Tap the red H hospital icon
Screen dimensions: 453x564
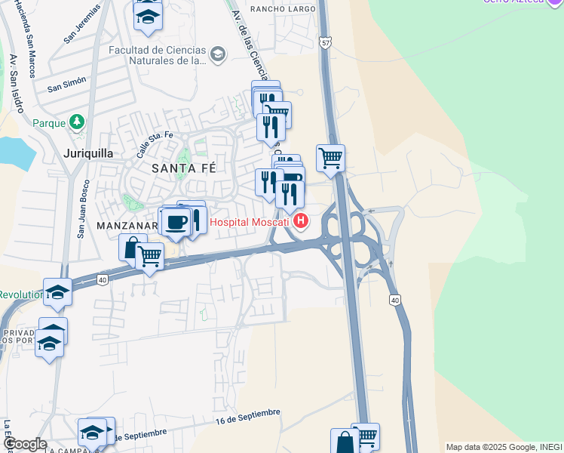[302, 221]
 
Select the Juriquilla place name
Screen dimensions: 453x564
[85, 153]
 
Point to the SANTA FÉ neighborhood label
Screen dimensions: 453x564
[184, 168]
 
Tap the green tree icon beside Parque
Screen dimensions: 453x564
[76, 122]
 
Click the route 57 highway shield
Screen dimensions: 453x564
[324, 43]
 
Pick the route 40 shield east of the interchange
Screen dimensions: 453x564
[394, 300]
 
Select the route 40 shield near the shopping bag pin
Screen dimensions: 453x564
[102, 279]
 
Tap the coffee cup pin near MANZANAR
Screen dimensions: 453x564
[176, 222]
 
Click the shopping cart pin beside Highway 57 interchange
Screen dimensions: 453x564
[330, 159]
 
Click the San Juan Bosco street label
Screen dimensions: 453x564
[82, 209]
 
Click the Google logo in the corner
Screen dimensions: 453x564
[24, 444]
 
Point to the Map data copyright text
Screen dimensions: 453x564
[504, 447]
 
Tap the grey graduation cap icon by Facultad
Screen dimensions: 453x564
[218, 54]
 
